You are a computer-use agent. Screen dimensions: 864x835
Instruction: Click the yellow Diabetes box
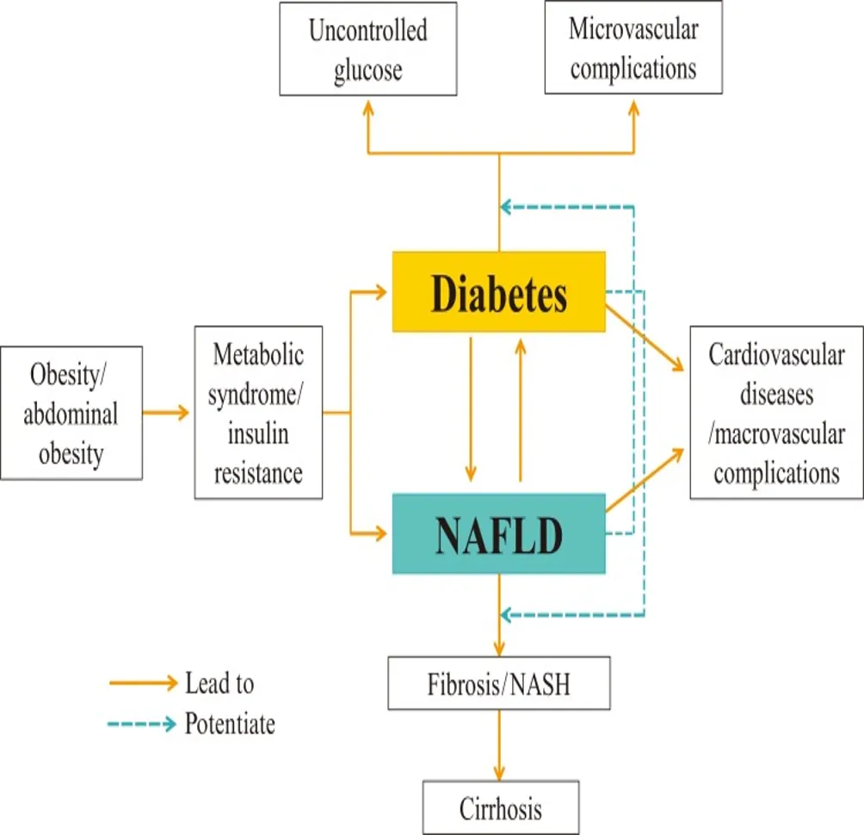point(498,292)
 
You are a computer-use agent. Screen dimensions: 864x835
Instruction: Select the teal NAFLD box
point(498,534)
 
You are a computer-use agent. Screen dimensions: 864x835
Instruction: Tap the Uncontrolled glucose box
point(368,49)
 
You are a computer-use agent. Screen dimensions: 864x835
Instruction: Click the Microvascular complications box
point(633,47)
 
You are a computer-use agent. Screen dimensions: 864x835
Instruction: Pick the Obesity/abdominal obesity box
point(71,413)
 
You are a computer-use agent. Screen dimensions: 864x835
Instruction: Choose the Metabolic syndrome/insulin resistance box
point(258,413)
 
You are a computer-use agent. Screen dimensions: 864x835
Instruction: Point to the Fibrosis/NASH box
point(498,683)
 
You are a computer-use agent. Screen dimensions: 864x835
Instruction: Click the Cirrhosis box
point(501,807)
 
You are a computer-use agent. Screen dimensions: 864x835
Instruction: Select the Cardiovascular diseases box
point(776,413)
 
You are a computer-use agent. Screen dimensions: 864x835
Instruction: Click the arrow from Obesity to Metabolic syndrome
point(166,413)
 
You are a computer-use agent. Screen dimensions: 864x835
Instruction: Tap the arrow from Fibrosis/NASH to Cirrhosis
point(499,746)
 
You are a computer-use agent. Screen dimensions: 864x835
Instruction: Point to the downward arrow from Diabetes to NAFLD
point(471,410)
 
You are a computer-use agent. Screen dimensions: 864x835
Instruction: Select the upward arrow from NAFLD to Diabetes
point(520,410)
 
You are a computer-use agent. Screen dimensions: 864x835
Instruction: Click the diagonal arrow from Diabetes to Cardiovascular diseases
point(645,338)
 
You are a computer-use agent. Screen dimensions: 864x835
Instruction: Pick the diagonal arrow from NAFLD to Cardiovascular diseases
point(645,481)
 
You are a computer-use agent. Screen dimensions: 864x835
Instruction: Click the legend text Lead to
point(219,684)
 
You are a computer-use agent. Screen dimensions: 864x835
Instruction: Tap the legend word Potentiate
point(230,724)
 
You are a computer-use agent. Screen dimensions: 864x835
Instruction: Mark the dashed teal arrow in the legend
point(142,724)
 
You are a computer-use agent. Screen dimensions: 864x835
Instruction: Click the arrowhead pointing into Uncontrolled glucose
point(368,108)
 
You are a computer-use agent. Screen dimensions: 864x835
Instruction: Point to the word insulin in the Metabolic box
point(258,433)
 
